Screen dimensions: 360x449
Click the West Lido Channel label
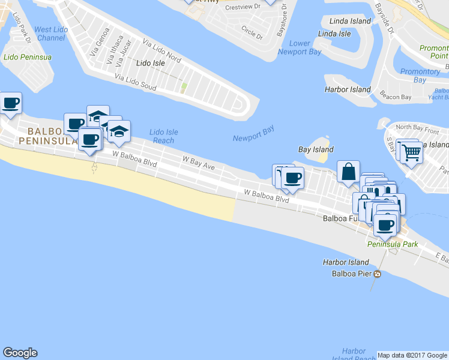[x=50, y=34]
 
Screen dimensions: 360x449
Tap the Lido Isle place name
[x=151, y=62]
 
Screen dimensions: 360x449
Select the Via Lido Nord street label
[x=162, y=50]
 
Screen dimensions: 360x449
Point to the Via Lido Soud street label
[x=135, y=83]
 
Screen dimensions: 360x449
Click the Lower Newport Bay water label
[x=300, y=47]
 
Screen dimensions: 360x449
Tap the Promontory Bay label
[x=420, y=76]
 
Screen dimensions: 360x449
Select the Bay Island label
[x=316, y=149]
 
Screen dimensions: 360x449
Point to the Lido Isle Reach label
[x=163, y=136]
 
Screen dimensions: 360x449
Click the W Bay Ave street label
[x=198, y=161]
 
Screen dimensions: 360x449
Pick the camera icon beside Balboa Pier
[x=376, y=274]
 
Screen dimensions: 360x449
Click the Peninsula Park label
[x=393, y=245]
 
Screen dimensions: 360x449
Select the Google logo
[x=20, y=353]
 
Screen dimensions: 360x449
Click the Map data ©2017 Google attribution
[x=412, y=355]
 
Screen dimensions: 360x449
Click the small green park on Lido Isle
[x=184, y=88]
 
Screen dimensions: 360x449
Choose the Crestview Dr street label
[x=242, y=7]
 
